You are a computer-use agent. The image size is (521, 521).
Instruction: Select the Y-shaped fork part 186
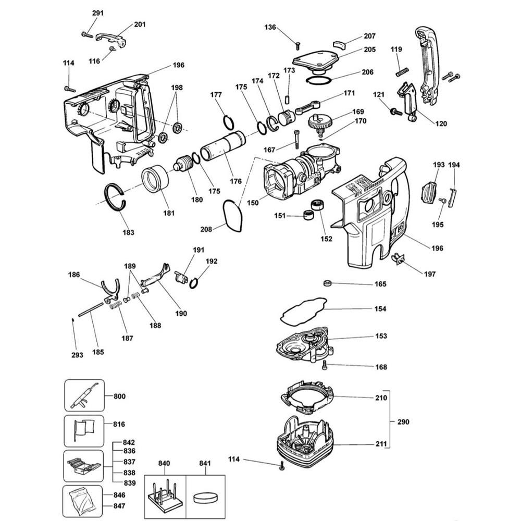click(111, 290)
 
